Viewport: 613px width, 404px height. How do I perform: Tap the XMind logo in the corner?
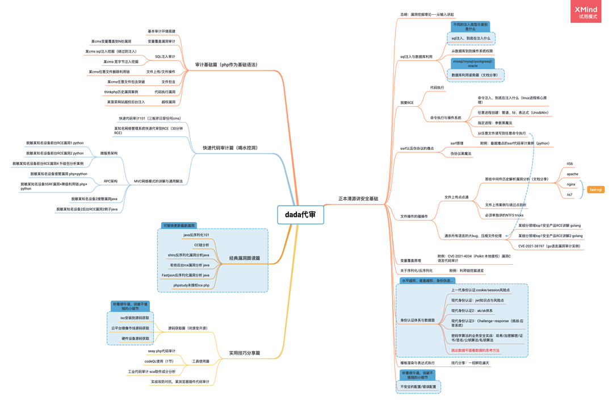click(x=585, y=11)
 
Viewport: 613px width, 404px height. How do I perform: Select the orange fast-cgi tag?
click(x=596, y=190)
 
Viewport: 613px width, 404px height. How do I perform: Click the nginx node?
click(x=571, y=184)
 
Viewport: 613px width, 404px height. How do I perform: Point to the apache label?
click(x=572, y=174)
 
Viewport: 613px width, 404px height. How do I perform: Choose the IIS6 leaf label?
click(x=570, y=164)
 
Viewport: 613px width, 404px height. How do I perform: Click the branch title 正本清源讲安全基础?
click(x=358, y=199)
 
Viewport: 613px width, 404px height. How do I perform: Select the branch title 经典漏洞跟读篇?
click(x=240, y=258)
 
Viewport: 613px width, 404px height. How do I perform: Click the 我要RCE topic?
click(x=407, y=103)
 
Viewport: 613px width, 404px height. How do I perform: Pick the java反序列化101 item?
click(x=196, y=235)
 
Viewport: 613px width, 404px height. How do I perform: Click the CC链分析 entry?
click(x=201, y=245)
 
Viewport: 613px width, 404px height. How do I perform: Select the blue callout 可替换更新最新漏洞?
click(x=178, y=226)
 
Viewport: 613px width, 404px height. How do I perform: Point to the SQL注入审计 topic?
click(x=165, y=56)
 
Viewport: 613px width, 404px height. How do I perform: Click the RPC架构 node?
click(x=110, y=181)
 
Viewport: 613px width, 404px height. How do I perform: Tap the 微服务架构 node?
click(x=109, y=153)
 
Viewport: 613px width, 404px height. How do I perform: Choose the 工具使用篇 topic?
click(x=200, y=361)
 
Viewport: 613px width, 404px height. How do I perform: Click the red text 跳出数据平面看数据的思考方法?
click(x=475, y=351)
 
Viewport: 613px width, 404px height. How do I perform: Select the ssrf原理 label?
click(x=457, y=144)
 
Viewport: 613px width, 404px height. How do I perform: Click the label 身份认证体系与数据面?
click(x=417, y=320)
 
